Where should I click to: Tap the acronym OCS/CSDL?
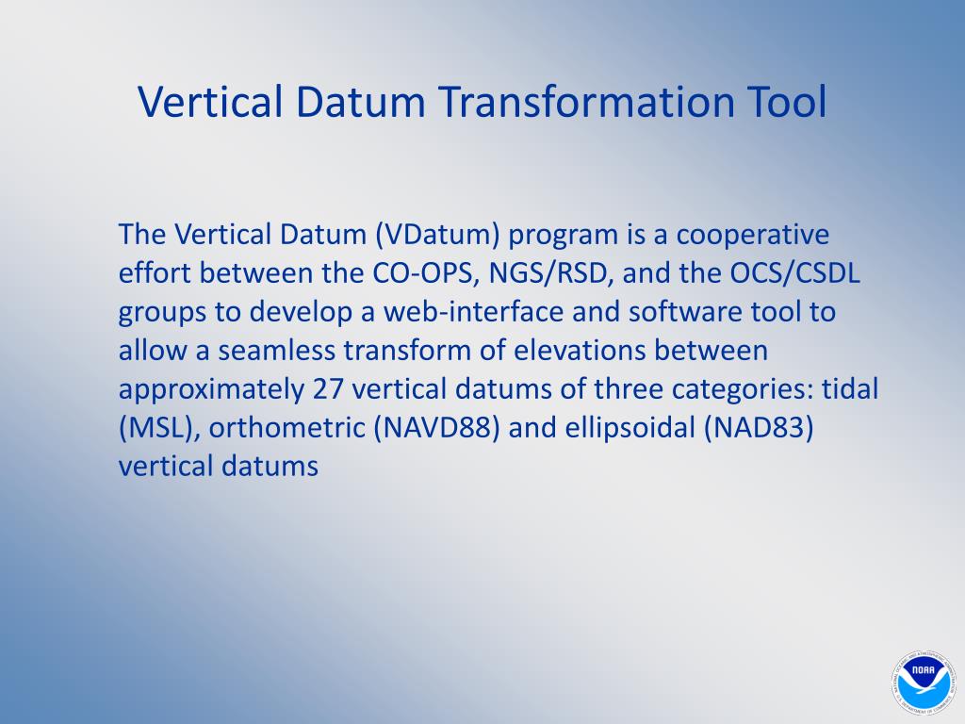pos(794,273)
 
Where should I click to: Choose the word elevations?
pos(580,351)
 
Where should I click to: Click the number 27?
pos(327,389)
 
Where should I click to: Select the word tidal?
pos(850,389)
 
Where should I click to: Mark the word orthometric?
pos(286,428)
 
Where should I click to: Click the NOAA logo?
pos(922,683)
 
